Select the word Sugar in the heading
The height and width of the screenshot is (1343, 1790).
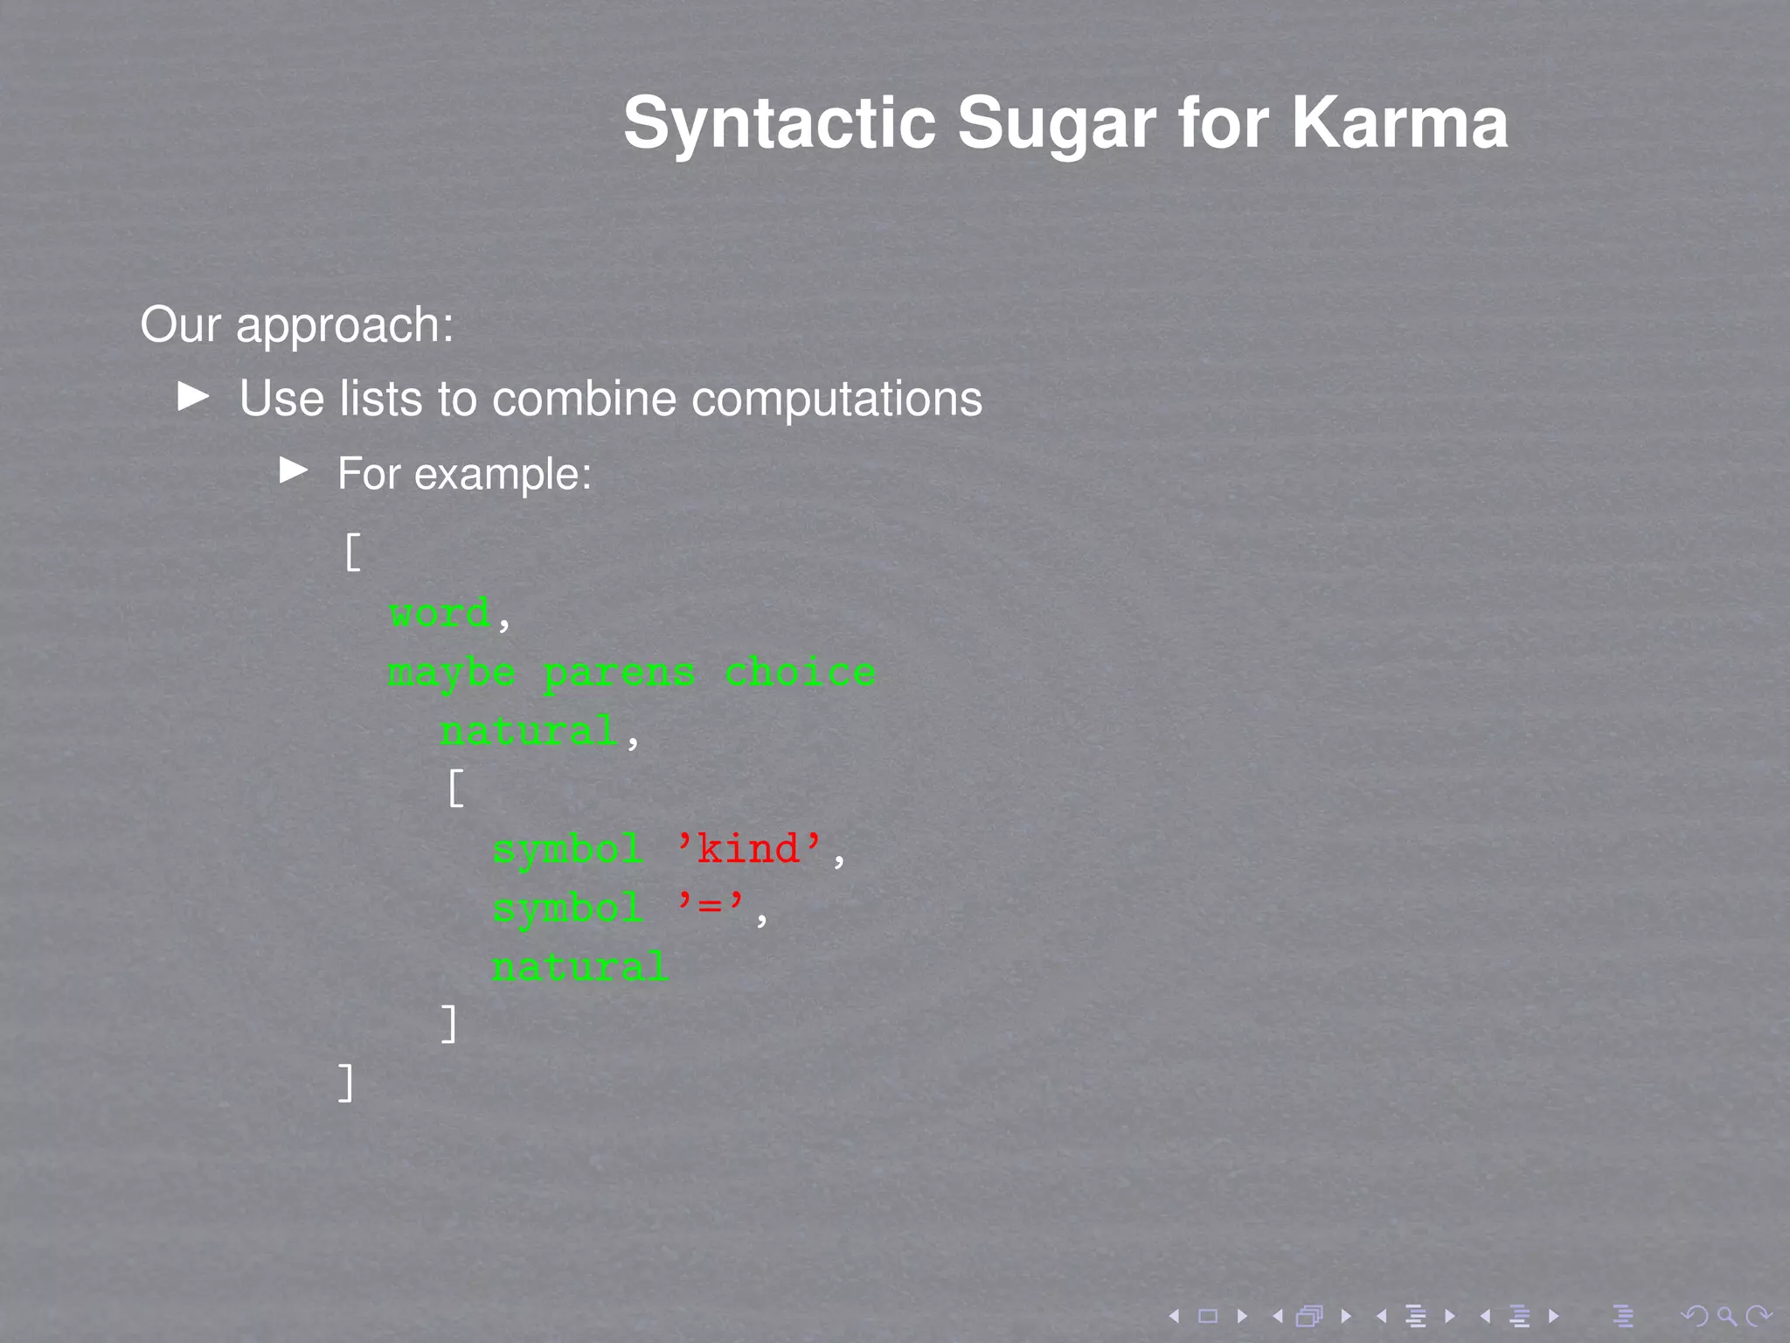1058,123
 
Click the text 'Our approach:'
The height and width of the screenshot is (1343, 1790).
297,325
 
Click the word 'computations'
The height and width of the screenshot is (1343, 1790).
836,399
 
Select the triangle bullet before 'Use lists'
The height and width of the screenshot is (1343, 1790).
193,396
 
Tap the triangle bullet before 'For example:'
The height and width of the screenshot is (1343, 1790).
294,471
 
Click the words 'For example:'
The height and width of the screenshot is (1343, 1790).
464,474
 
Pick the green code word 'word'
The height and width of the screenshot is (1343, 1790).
440,612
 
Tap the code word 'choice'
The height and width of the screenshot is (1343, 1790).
800,671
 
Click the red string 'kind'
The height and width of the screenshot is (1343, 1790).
749,848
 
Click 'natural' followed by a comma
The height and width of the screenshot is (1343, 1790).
529,731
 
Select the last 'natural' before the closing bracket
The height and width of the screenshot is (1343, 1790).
579,967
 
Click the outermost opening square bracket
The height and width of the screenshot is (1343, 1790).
352,553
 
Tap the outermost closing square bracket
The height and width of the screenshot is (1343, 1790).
346,1082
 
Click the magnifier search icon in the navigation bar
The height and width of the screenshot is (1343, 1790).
1725,1315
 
